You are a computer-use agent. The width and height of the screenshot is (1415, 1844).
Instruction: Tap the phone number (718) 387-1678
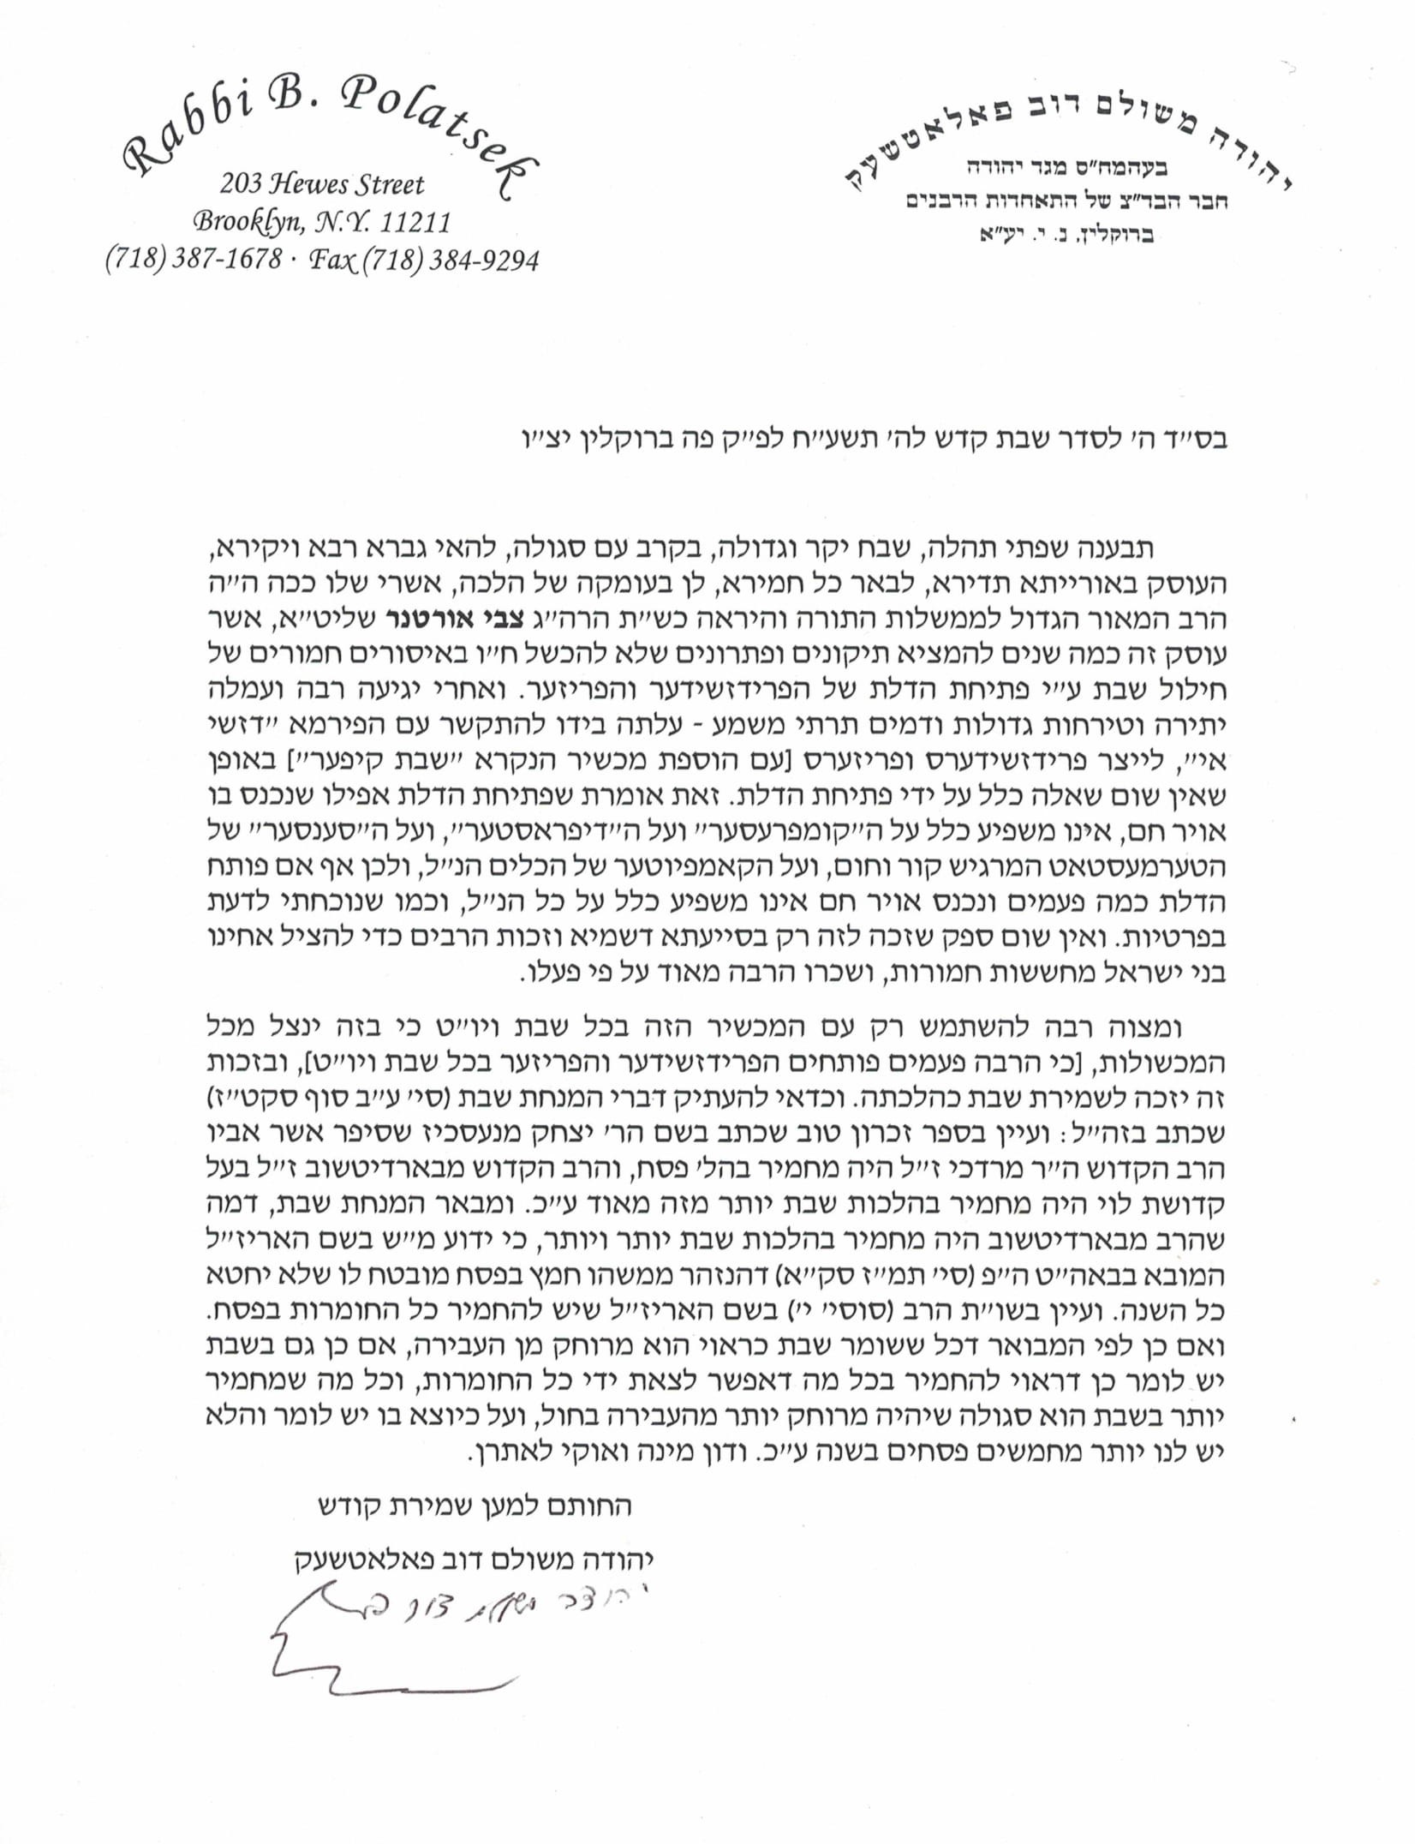point(194,259)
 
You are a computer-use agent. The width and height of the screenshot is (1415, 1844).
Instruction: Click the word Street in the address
point(390,184)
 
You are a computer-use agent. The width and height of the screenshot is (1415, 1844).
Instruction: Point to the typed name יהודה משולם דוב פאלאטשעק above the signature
point(475,1559)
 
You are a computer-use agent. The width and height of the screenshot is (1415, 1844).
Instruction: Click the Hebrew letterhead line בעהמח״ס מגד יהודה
point(1072,168)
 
